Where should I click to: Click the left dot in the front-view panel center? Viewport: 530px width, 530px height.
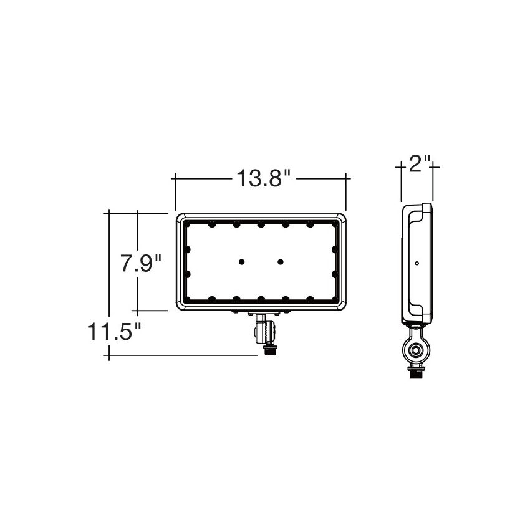242,262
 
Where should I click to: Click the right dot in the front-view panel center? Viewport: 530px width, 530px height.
281,262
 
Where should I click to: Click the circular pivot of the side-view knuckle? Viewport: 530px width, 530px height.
415,350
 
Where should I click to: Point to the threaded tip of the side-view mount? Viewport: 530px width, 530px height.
415,374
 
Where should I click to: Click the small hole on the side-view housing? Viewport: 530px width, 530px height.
417,263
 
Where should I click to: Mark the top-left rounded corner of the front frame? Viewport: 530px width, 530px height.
180,218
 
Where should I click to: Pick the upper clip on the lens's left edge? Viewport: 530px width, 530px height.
186,249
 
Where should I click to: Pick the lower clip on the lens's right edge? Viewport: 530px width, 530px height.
335,274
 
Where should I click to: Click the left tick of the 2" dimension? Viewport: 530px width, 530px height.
401,166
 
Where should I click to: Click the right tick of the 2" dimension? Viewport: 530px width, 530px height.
433,166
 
